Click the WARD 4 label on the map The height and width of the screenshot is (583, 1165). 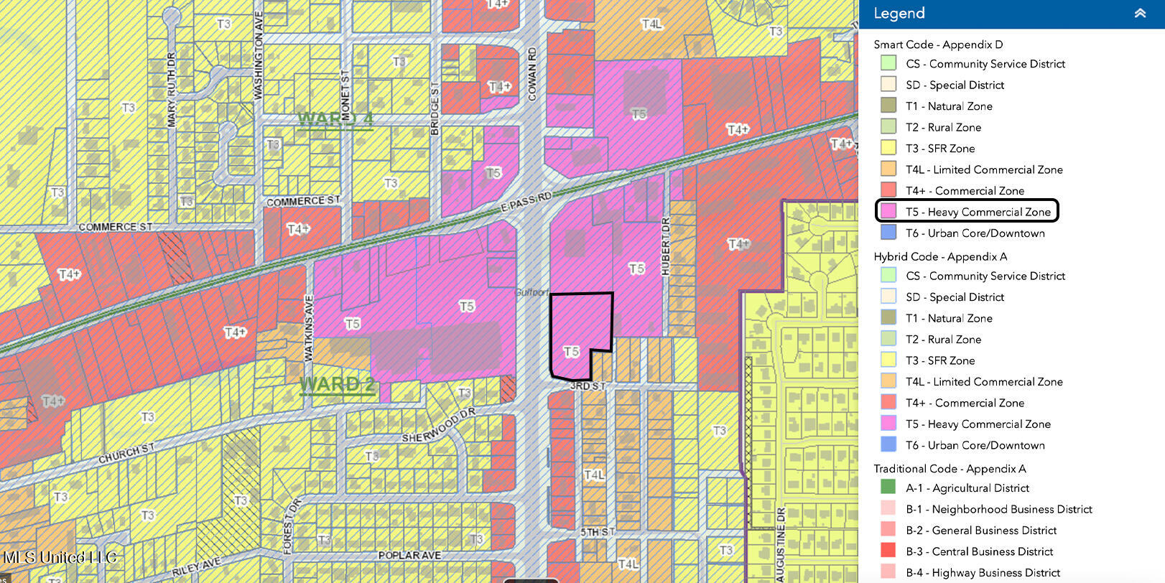335,119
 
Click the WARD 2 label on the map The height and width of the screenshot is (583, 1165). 337,384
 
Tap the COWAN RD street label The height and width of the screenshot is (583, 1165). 532,73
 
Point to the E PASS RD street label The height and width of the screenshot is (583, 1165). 526,202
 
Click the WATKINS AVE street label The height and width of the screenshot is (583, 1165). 309,327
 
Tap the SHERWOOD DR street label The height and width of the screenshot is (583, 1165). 438,426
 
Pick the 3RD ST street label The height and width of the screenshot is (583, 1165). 588,386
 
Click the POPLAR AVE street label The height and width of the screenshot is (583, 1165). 409,555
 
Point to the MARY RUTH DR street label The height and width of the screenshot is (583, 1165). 171,89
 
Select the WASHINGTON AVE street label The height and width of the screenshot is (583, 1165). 259,55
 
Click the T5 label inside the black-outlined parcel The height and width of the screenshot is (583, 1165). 572,351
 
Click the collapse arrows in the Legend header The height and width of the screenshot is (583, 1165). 1140,13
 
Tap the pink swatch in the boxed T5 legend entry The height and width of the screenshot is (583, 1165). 888,211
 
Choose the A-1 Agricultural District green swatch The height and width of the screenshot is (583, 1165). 888,488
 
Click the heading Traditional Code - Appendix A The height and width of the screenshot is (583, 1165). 950,468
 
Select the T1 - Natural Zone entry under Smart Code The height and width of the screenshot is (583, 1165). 949,106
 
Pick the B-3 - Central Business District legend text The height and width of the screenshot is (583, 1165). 979,551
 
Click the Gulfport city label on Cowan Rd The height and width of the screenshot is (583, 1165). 531,292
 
